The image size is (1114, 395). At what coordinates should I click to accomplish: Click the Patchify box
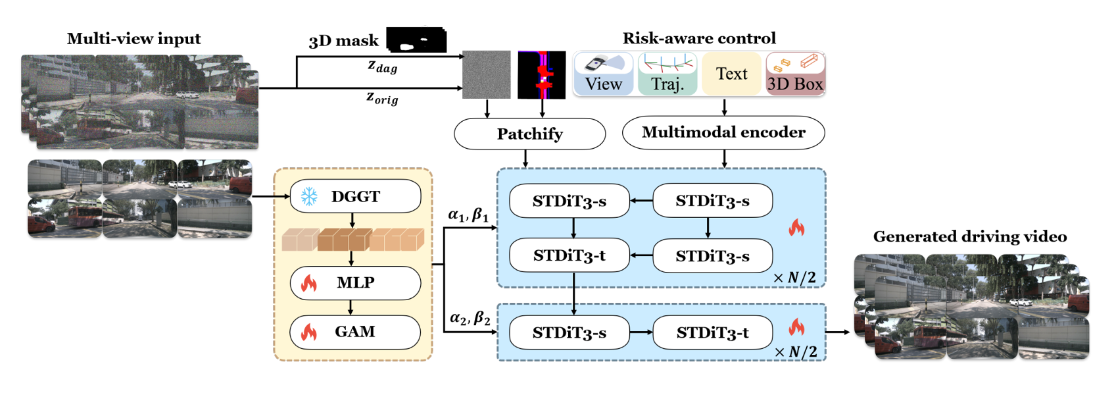tap(529, 134)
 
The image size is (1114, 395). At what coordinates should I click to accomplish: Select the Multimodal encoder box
tap(723, 132)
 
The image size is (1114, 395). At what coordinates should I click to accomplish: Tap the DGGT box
tap(355, 196)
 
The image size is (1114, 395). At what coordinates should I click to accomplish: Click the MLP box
tap(355, 283)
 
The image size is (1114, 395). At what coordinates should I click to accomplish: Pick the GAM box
tap(355, 332)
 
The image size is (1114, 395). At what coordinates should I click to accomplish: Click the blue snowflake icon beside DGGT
tap(309, 196)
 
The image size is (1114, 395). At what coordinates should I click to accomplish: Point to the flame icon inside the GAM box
tap(309, 332)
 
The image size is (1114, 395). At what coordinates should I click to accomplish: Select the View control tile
tap(603, 74)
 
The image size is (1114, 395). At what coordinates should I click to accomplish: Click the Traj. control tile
tap(667, 74)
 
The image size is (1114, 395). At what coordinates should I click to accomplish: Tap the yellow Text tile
tap(731, 74)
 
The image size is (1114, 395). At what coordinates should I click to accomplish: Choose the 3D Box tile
tap(795, 74)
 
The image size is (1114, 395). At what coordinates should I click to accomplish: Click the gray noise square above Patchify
tap(487, 75)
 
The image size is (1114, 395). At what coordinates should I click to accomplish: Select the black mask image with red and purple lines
tap(542, 75)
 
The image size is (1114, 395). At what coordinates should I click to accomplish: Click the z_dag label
tap(382, 66)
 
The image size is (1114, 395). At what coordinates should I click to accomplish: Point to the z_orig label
tap(382, 98)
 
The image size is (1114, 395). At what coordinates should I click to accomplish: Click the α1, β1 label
tap(468, 215)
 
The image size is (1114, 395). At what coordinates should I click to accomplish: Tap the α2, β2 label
tap(470, 318)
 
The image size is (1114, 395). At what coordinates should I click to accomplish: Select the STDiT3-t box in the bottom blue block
tap(712, 333)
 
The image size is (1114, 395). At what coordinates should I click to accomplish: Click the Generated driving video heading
tap(970, 237)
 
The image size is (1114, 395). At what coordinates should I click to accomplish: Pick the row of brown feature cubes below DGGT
tap(352, 240)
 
